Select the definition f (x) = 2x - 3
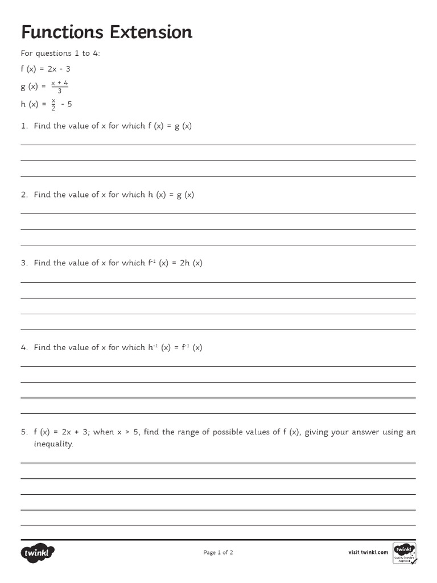click(x=46, y=69)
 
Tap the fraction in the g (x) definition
click(x=59, y=87)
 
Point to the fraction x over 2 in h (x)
click(x=53, y=104)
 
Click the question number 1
click(x=24, y=126)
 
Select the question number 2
click(x=24, y=195)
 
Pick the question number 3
click(x=24, y=263)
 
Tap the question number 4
click(x=24, y=347)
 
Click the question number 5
click(x=24, y=432)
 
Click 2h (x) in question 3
click(x=191, y=263)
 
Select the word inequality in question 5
click(x=53, y=444)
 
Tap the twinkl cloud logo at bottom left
click(x=38, y=552)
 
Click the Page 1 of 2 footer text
click(x=218, y=552)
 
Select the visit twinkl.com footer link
click(x=368, y=552)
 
